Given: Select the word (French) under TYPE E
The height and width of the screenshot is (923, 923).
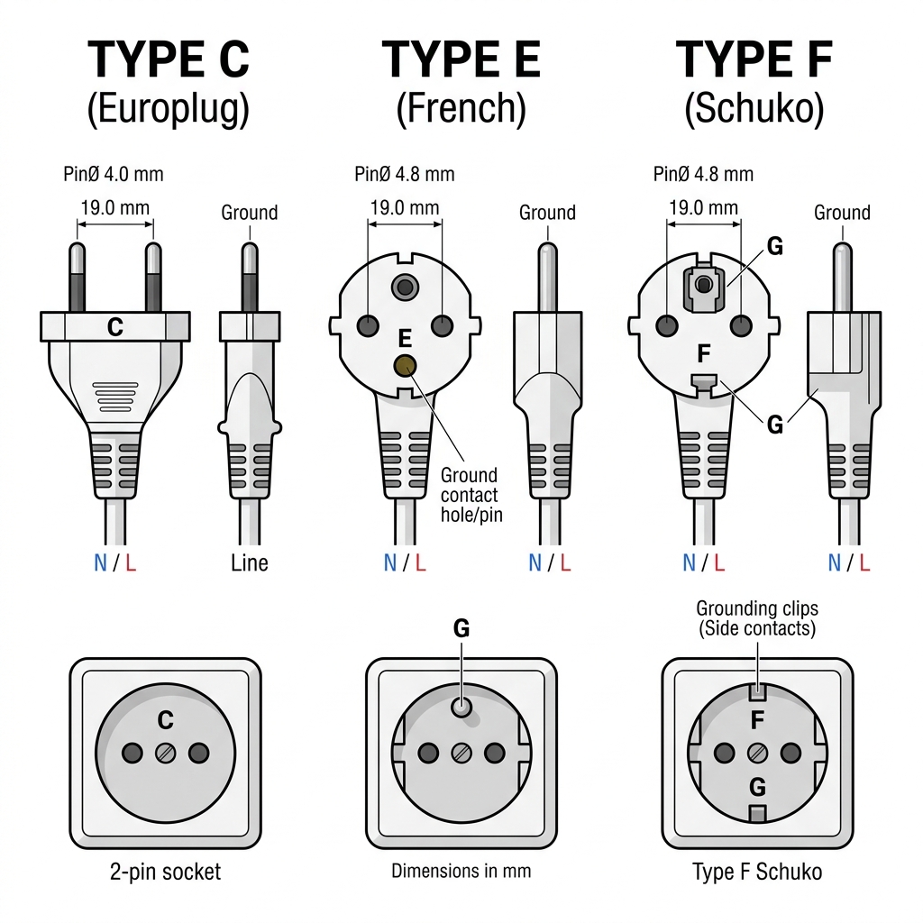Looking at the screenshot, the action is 461,109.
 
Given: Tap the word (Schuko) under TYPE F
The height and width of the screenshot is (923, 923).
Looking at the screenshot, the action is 754,109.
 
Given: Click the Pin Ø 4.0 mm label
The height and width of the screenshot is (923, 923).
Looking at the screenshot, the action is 113,174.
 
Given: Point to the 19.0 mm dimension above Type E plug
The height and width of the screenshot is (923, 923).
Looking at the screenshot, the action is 405,208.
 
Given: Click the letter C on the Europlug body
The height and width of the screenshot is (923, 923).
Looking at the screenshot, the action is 115,327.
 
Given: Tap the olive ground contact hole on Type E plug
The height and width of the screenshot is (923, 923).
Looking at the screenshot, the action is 405,366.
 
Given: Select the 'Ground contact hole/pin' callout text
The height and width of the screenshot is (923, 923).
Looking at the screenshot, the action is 471,495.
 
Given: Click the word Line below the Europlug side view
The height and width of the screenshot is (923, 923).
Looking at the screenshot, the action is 250,563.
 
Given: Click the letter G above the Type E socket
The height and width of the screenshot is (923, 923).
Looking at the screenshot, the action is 461,628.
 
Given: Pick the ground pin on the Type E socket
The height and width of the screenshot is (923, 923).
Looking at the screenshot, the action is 461,707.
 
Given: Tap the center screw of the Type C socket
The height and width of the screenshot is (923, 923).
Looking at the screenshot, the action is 166,753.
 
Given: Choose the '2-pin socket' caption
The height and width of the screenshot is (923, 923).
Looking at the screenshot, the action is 166,872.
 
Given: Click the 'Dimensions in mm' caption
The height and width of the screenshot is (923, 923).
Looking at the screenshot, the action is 461,871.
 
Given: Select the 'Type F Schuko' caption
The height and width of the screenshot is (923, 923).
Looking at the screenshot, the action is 757,872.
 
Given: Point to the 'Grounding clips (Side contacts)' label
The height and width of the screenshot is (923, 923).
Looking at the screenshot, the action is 757,618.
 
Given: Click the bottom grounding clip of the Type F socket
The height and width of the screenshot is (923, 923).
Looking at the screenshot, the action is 757,814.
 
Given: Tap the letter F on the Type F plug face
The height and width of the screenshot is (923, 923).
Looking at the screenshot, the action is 703,353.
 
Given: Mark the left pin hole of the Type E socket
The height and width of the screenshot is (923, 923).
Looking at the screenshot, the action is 428,753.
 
